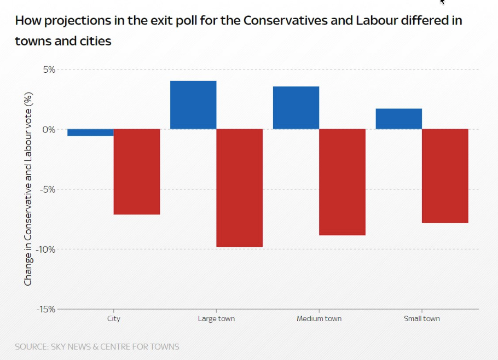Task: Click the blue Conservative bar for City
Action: [90, 132]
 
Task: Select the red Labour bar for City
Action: [137, 172]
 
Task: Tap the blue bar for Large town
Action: [193, 105]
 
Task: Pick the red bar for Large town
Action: [240, 188]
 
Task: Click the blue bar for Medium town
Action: [296, 108]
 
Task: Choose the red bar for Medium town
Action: [342, 182]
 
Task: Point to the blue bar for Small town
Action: [398, 119]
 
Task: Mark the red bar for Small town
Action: [445, 176]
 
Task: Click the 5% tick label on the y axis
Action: [48, 69]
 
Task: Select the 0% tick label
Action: [48, 130]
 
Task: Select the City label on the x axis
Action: [114, 318]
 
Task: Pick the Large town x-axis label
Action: [216, 318]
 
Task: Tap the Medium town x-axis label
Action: [319, 318]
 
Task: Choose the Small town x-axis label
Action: [421, 318]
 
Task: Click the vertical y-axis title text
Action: [28, 189]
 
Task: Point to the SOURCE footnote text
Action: [97, 346]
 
